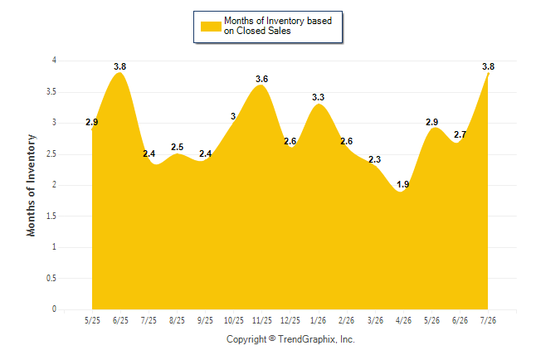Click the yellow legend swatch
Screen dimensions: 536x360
tap(211, 27)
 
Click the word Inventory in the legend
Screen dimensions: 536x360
tap(285, 21)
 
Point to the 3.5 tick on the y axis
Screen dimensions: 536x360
tap(51, 92)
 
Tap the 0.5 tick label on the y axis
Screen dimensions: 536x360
tap(51, 278)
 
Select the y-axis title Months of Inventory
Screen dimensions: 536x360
tap(31, 185)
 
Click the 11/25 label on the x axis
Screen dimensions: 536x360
tap(262, 320)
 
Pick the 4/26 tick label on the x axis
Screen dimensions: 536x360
tap(403, 320)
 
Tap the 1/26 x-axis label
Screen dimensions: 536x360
tap(319, 320)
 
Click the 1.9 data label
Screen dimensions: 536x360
tap(403, 185)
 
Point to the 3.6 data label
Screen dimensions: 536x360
tap(262, 79)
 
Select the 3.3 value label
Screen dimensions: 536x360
tap(319, 97)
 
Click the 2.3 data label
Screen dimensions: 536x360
tap(375, 159)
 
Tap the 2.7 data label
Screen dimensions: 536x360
tap(460, 134)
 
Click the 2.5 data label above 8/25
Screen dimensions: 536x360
tap(177, 147)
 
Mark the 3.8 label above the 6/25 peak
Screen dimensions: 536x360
tap(120, 66)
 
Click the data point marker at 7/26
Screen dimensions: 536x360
tap(488, 74)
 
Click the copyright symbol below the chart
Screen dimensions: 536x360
tap(272, 338)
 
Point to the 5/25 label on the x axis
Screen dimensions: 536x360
tap(92, 320)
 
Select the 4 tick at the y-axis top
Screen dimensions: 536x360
tap(54, 61)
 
